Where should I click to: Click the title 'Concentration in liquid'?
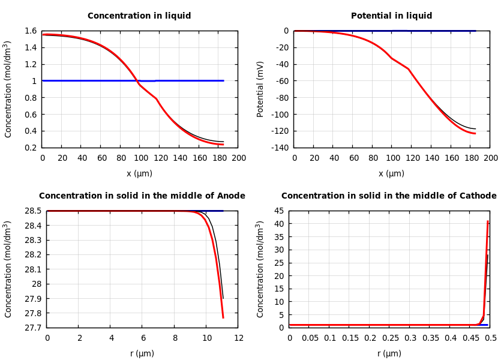click(139, 16)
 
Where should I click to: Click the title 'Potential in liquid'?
click(391, 16)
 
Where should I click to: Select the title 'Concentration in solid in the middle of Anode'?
click(142, 196)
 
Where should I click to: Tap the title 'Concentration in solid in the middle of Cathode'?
click(389, 196)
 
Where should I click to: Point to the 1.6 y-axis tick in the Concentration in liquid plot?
click(30, 31)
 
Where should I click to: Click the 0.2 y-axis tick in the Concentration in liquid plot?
click(30, 148)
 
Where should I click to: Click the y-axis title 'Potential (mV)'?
click(260, 89)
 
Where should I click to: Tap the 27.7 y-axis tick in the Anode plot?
click(31, 328)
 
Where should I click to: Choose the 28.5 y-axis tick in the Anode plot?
click(31, 211)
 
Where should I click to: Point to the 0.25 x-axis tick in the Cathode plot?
click(390, 338)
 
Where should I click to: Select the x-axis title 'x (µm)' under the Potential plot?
click(391, 173)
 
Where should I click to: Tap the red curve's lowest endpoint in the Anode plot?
click(223, 317)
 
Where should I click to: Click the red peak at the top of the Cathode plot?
click(488, 221)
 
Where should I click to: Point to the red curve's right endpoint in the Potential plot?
click(475, 133)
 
